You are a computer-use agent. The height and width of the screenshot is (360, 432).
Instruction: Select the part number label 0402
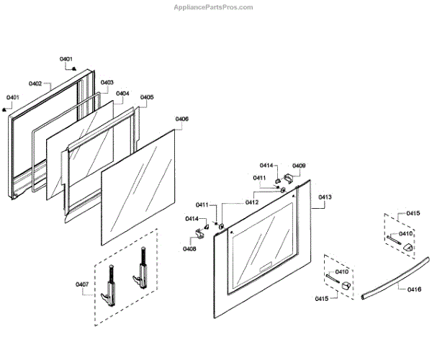click(35, 84)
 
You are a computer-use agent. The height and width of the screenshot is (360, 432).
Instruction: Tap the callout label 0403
click(107, 83)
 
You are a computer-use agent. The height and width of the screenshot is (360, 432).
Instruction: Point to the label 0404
click(122, 94)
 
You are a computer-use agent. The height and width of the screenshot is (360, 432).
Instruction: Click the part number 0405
click(146, 97)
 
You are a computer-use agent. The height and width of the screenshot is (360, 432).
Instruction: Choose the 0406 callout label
click(182, 119)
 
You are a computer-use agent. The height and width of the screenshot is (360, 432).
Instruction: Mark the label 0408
click(189, 248)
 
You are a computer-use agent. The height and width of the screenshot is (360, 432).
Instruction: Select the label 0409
click(298, 166)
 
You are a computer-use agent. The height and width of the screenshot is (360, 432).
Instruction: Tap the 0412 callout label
click(251, 202)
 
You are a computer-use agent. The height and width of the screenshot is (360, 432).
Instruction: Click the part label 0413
click(325, 197)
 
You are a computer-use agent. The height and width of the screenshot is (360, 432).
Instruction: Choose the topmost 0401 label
click(66, 58)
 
